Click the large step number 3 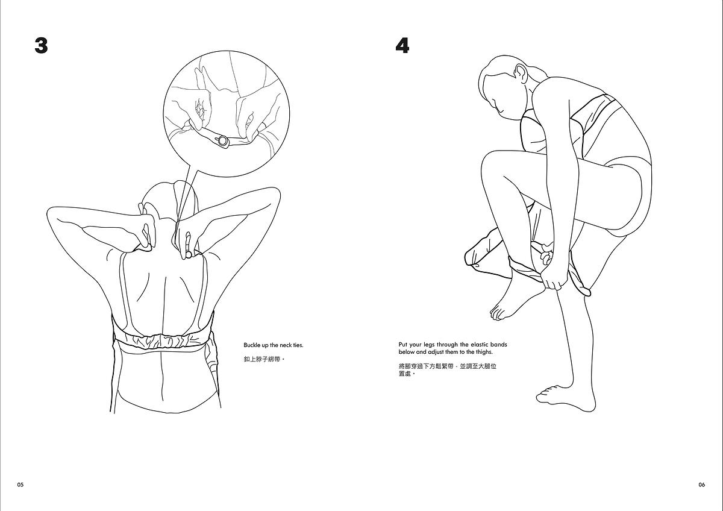(x=41, y=46)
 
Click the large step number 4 (x=402, y=46)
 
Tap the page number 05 (x=20, y=484)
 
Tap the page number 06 (x=702, y=484)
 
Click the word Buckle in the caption (x=251, y=345)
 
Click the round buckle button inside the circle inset (x=223, y=141)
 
